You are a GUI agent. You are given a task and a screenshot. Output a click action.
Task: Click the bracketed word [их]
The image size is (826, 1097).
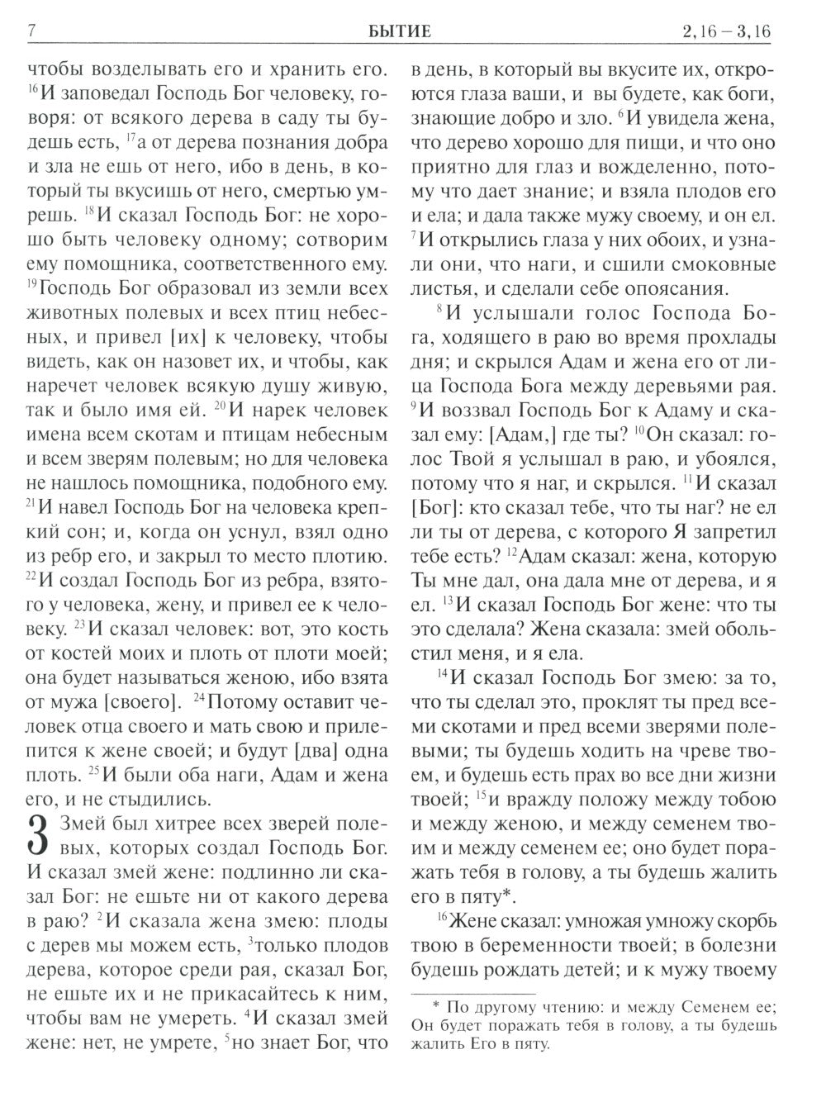183,337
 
